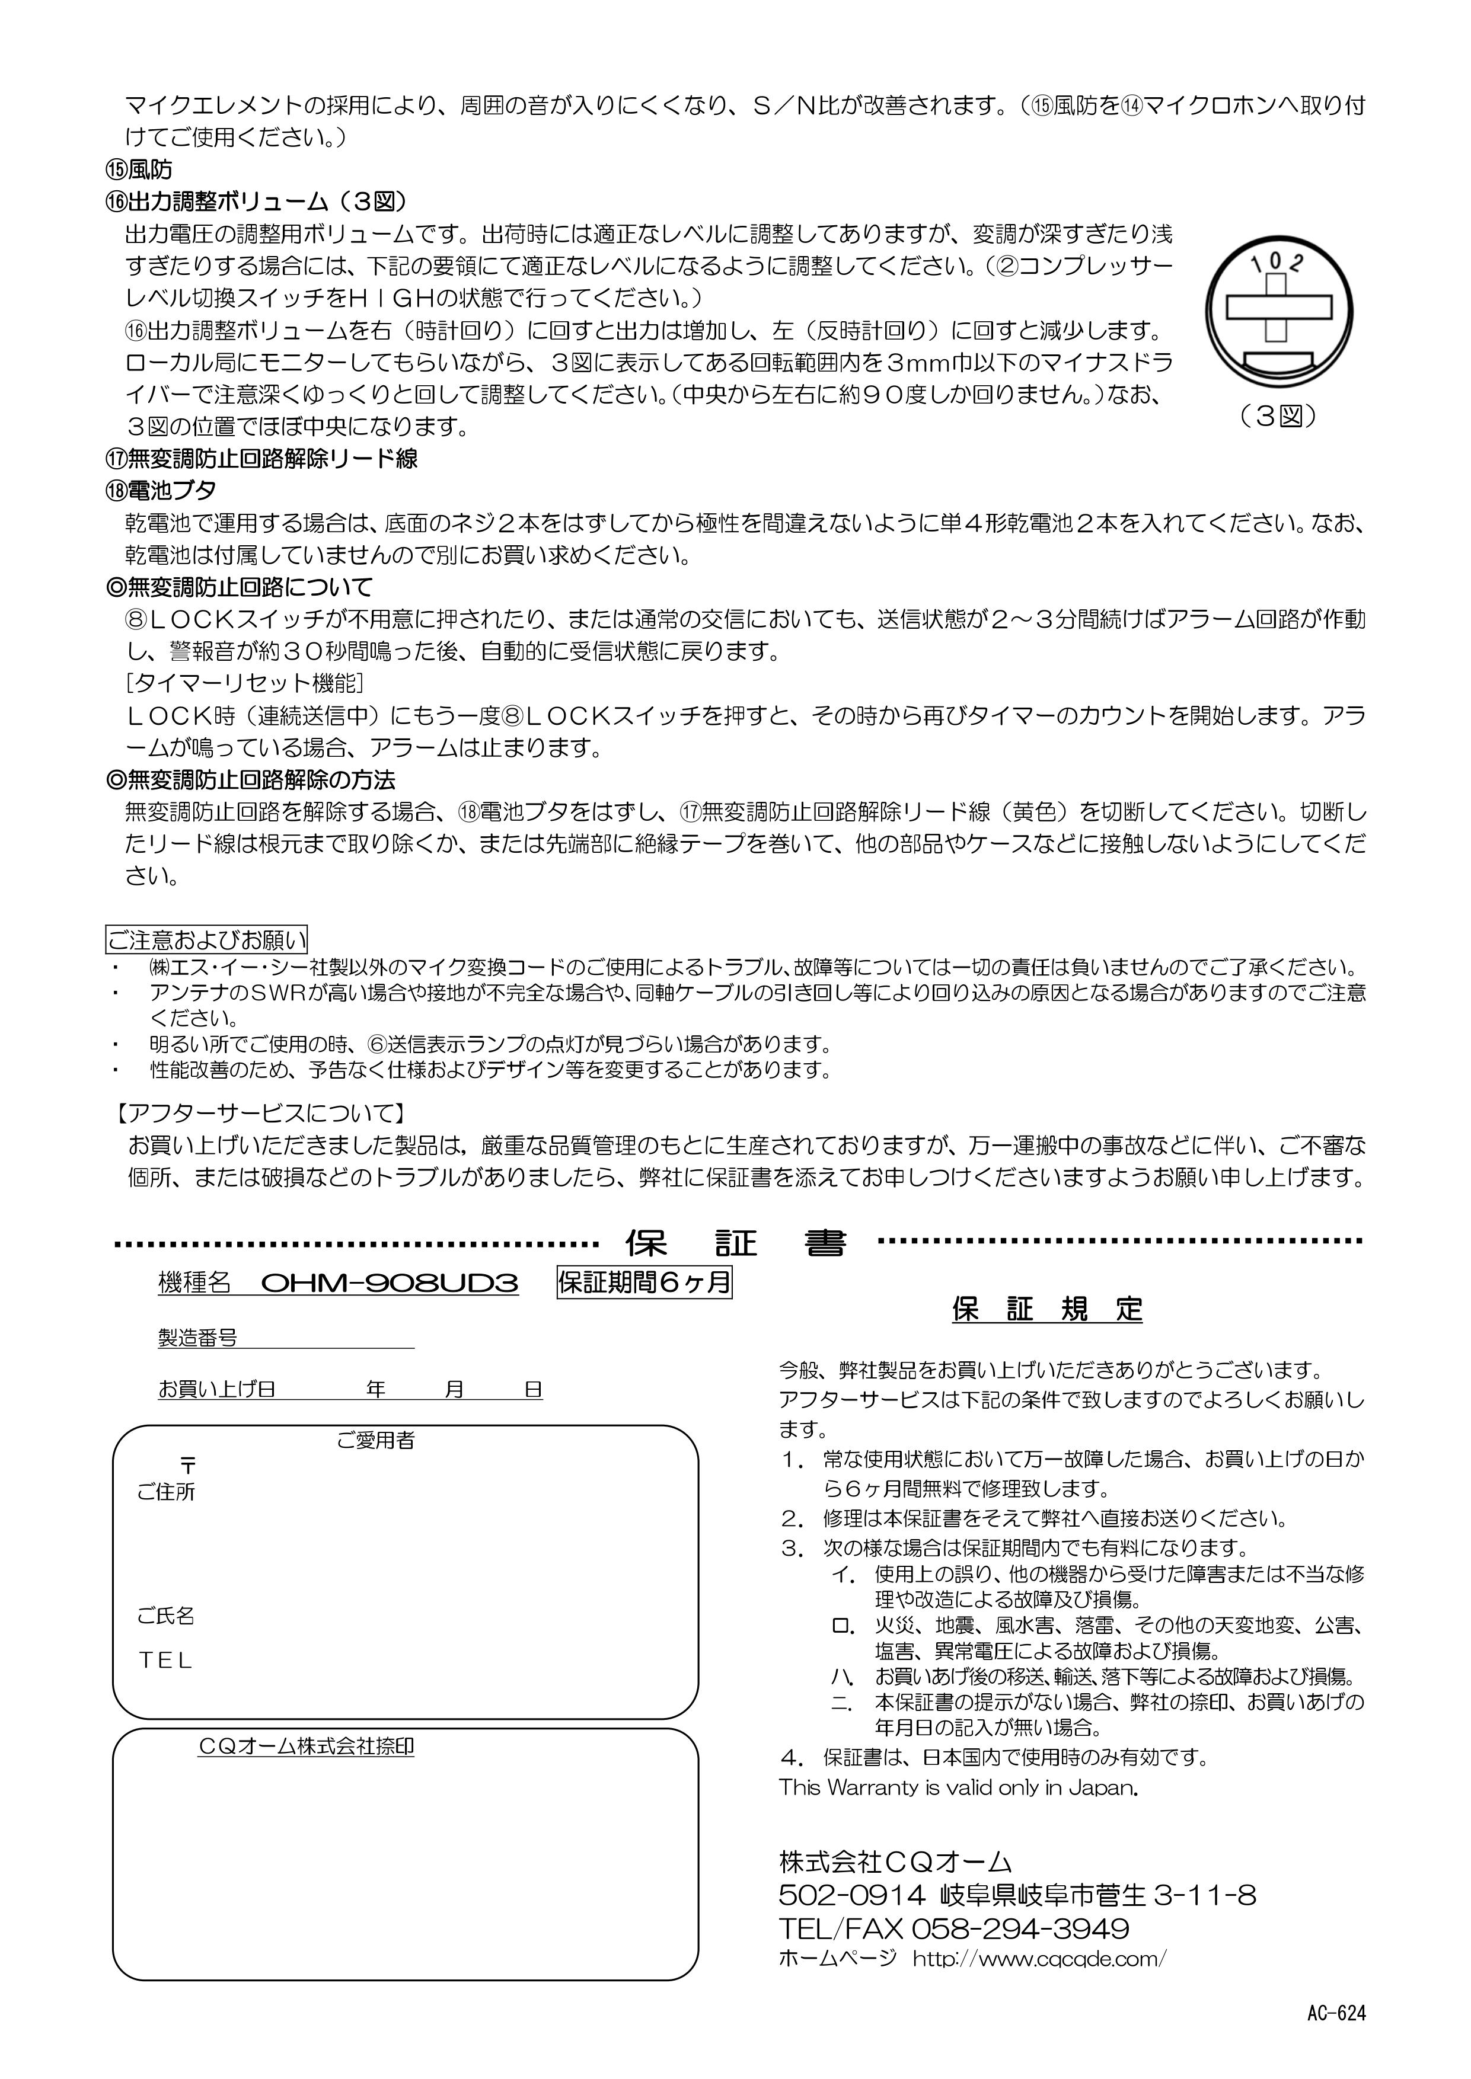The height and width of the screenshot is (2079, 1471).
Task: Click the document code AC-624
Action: click(1336, 2013)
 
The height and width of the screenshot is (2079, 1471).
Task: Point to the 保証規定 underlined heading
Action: click(1047, 1309)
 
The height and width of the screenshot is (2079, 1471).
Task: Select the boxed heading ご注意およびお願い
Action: click(208, 939)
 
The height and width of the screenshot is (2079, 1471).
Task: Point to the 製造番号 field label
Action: click(197, 1338)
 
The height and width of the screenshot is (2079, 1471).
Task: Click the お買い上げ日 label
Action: click(216, 1389)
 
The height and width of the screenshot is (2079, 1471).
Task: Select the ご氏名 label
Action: click(166, 1616)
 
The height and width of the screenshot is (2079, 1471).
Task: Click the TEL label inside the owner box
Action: click(166, 1661)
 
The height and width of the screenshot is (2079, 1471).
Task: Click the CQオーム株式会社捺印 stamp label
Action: click(306, 1747)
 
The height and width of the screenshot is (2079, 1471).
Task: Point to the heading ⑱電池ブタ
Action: click(162, 491)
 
